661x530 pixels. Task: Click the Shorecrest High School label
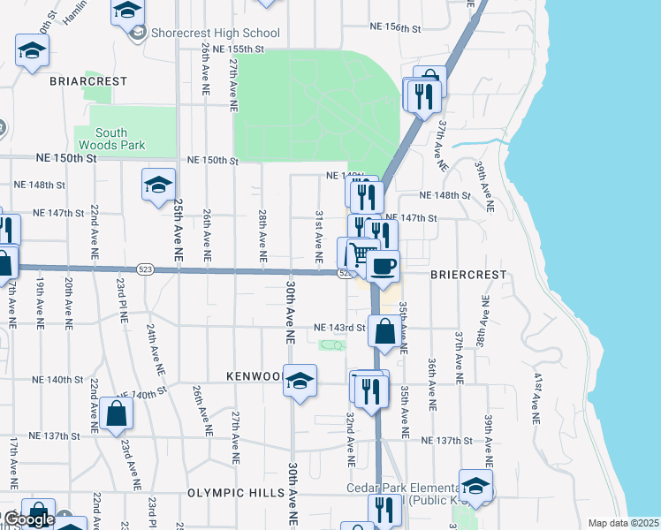click(215, 34)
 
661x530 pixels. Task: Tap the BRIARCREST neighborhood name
click(88, 80)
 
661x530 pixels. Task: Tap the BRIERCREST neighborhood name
click(468, 275)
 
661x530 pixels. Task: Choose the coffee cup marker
click(383, 266)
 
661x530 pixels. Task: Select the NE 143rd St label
click(340, 329)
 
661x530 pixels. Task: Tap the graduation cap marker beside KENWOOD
click(300, 381)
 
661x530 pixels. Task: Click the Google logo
click(28, 519)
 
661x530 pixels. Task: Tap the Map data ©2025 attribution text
click(623, 523)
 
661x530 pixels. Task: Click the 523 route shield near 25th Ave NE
click(147, 269)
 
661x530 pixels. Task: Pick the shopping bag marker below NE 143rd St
click(385, 334)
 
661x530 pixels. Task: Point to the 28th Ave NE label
click(262, 235)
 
